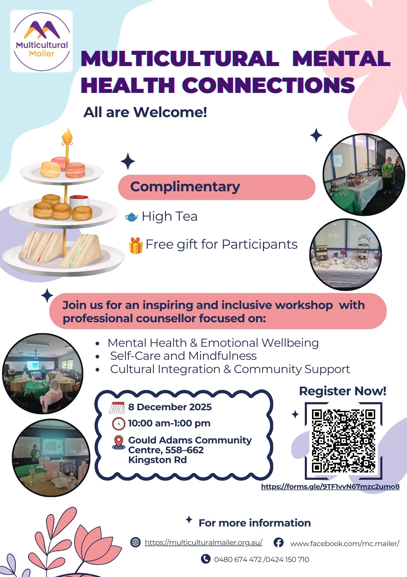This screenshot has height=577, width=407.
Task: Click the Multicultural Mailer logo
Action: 42,41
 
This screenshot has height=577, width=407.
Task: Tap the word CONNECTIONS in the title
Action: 268,85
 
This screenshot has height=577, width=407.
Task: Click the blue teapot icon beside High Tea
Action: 132,217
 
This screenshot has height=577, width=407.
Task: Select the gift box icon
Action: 136,246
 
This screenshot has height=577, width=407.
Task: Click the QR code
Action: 343,441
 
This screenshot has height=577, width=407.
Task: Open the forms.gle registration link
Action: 330,487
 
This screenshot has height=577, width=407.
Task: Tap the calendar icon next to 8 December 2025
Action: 117,407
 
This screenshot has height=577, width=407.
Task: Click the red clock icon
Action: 119,424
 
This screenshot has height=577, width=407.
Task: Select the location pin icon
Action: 118,442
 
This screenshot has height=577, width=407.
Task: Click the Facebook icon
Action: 278,542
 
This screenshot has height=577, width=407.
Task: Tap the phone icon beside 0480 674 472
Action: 206,559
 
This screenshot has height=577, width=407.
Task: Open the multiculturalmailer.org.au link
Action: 203,543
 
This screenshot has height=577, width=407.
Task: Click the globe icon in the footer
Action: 135,542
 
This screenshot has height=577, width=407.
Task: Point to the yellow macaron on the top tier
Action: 51,169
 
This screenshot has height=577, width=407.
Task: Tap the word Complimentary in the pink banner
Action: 185,187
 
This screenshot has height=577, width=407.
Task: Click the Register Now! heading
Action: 343,391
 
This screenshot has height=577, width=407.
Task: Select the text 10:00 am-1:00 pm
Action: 169,423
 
